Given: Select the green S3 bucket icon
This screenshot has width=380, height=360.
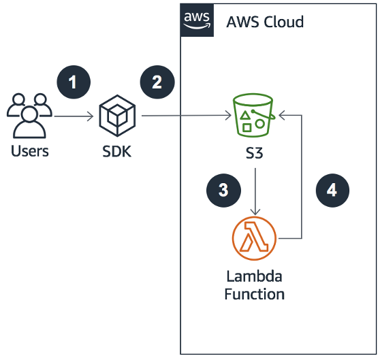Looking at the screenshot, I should pos(253,116).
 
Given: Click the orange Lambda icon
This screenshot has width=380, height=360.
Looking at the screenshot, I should pos(253,239).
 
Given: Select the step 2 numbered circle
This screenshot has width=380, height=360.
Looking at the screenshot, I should pos(157,82).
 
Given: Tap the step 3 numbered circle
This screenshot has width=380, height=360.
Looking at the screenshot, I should pos(223,190).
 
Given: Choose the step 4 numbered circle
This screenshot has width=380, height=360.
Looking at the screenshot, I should pos(332,190).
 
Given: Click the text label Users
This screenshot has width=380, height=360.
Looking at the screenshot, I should pos(30,151).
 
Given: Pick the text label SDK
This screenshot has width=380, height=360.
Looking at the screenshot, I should pos(118,151).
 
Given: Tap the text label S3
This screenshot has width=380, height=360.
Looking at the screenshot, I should pos(253,154).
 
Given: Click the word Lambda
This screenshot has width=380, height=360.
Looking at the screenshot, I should pos(253,278).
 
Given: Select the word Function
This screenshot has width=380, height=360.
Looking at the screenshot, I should pos(253,294).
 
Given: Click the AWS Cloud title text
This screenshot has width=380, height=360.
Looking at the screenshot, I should pos(265,22).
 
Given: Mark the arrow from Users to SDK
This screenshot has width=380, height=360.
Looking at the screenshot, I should pos(74,117).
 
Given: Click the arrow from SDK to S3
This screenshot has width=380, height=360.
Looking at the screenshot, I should pos(184,116).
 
